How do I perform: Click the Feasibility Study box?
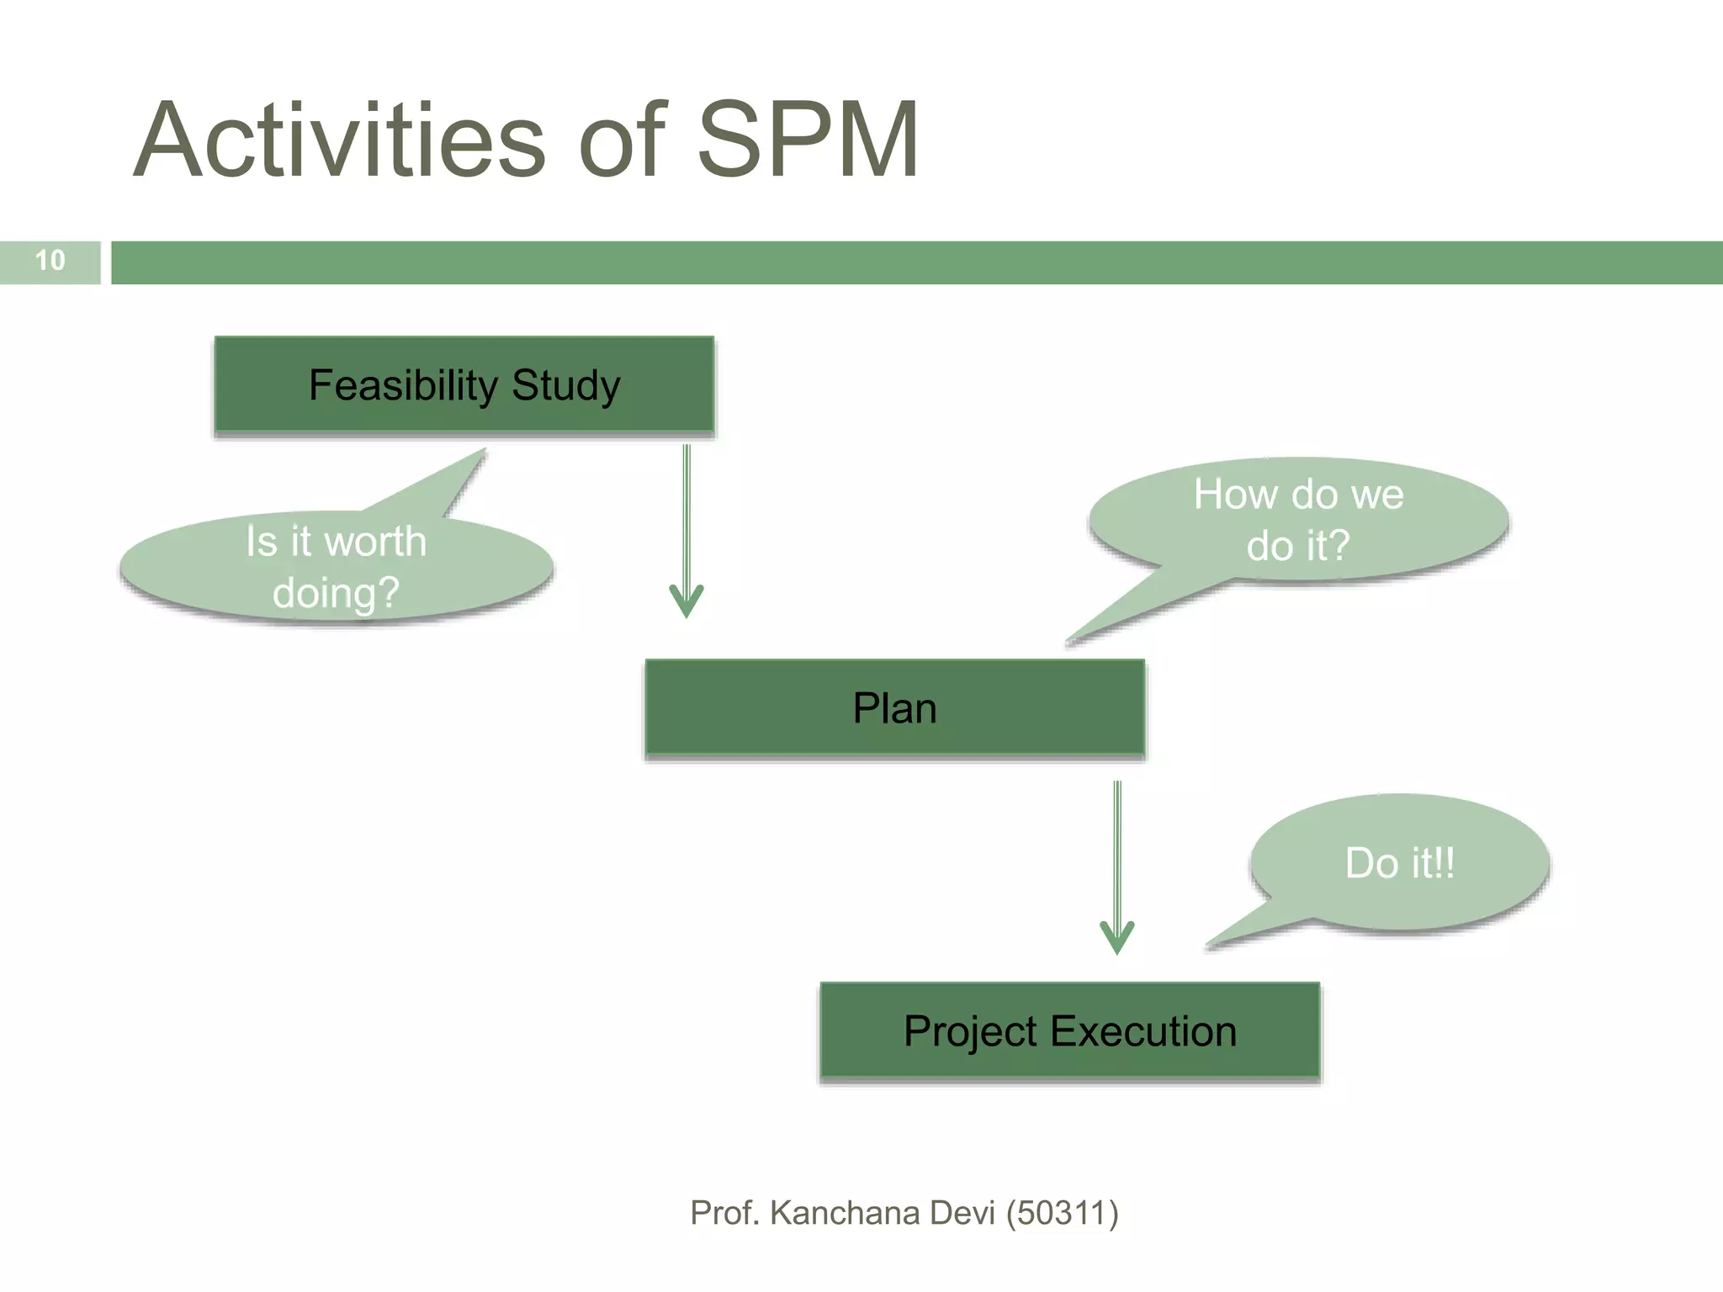click(464, 386)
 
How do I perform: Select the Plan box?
click(894, 708)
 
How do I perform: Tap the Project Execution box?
click(1069, 1031)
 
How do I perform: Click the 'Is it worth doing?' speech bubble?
click(336, 568)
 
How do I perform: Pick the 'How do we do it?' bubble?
click(1298, 519)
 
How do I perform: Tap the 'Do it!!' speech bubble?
click(1399, 863)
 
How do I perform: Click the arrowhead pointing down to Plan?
click(687, 601)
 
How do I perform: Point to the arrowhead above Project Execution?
click(1117, 937)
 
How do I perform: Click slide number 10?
click(50, 261)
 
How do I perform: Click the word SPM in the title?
click(808, 140)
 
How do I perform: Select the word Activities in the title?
click(340, 140)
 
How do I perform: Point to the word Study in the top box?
click(565, 386)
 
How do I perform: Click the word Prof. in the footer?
click(724, 1214)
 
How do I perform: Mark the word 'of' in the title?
click(623, 140)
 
